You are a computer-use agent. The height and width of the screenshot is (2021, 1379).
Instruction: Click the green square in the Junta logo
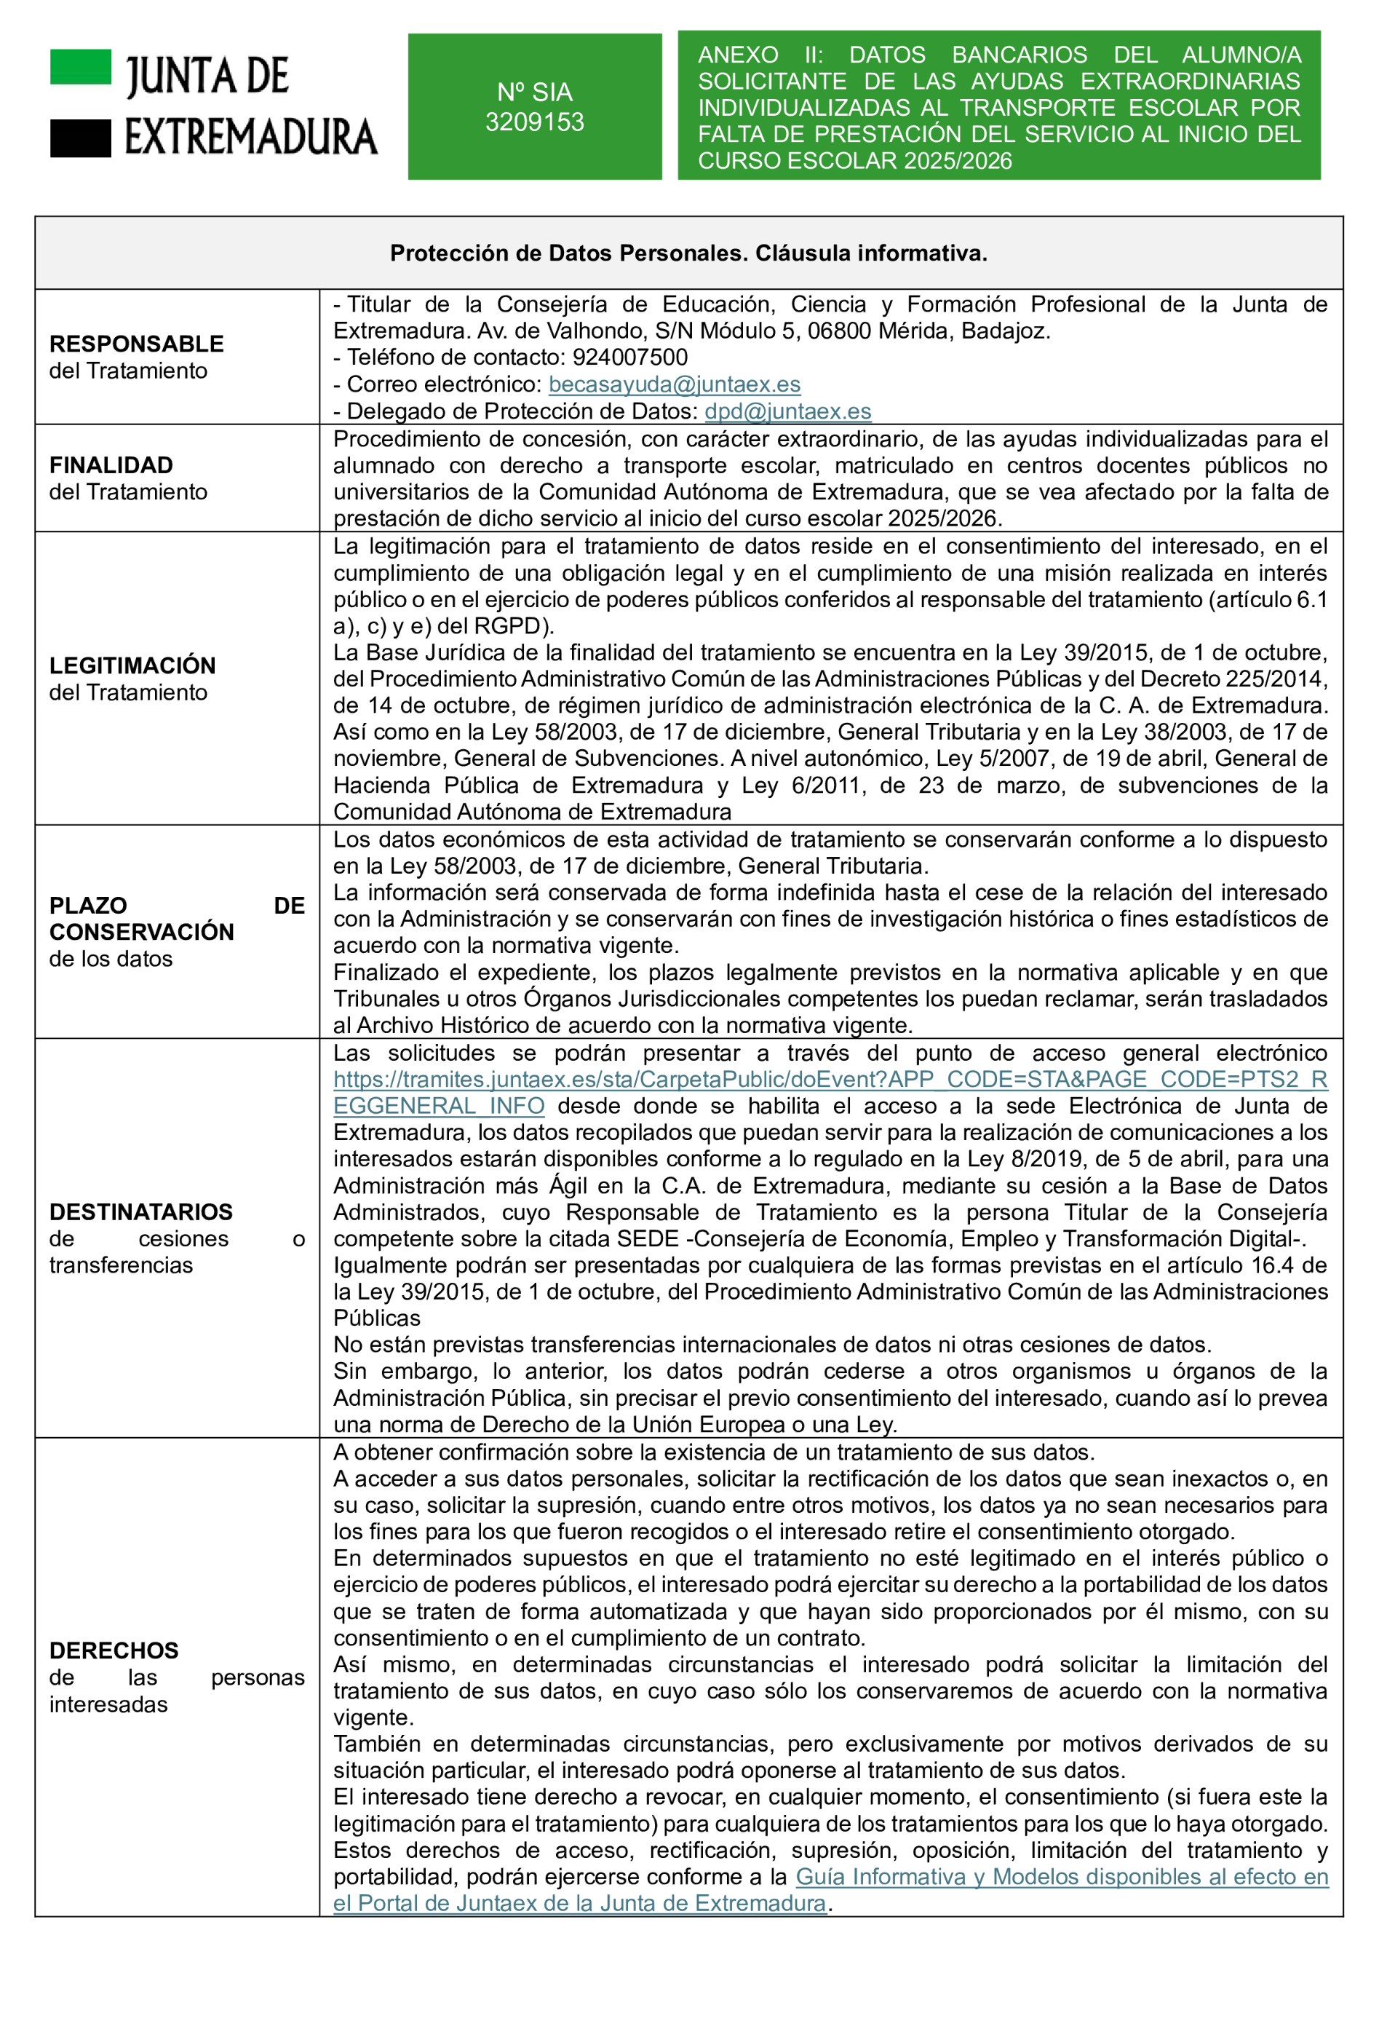point(81,67)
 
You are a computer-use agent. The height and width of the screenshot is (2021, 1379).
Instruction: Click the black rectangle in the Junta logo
point(81,138)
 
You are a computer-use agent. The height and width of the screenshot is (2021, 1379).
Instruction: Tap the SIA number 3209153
point(534,122)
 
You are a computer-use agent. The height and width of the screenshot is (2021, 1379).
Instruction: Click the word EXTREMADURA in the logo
point(251,138)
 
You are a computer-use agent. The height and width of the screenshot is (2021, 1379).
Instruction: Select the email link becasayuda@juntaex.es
point(674,384)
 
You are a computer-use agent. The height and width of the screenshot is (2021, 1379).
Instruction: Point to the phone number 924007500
point(629,357)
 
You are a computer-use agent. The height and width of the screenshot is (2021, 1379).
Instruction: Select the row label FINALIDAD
point(111,465)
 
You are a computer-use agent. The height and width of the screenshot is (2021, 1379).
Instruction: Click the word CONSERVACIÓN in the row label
point(142,931)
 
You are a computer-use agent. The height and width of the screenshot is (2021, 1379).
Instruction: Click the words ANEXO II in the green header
point(759,55)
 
